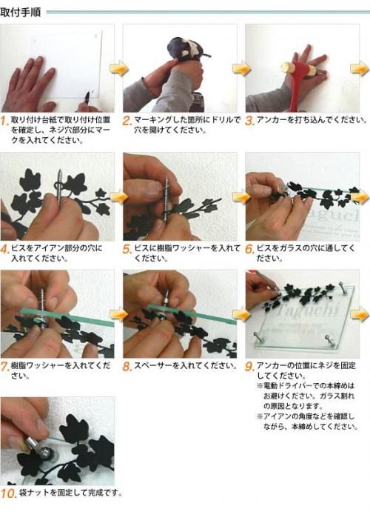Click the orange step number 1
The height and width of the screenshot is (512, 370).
5,120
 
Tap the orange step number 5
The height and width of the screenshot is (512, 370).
127,250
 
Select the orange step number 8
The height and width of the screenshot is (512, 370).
127,366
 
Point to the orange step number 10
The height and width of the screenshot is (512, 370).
8,493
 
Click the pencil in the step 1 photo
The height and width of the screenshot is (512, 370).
88,97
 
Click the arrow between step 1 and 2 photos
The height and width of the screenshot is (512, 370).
118,69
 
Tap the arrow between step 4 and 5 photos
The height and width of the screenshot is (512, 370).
118,197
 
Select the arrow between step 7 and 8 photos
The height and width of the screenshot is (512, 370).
118,314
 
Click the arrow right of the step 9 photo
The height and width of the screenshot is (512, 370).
360,315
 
